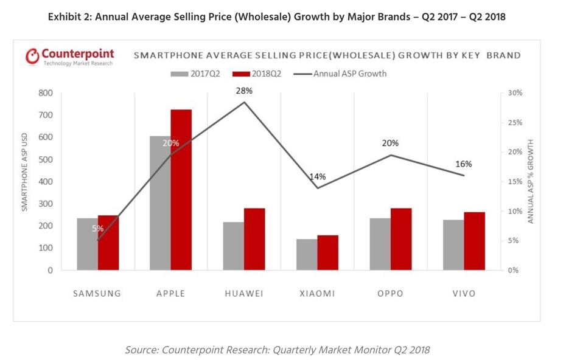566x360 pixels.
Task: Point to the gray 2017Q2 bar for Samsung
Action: click(x=87, y=244)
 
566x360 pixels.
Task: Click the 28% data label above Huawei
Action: click(x=245, y=91)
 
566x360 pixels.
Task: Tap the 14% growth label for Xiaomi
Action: click(x=318, y=177)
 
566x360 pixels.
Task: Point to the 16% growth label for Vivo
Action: click(x=464, y=164)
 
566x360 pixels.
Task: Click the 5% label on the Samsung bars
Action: click(x=98, y=229)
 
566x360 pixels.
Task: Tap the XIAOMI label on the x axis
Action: click(x=317, y=294)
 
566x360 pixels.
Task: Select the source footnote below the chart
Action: click(x=277, y=349)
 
